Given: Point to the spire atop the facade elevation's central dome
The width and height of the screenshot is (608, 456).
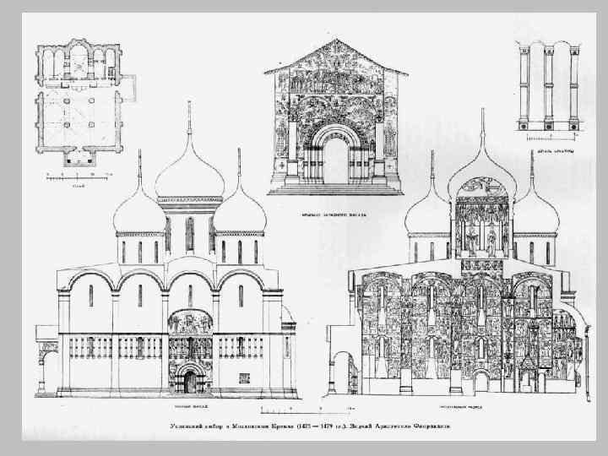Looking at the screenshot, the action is (x=189, y=118).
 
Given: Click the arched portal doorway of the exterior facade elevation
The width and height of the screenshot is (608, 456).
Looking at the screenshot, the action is (x=190, y=381).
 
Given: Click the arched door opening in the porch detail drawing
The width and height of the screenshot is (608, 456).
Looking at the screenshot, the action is (x=336, y=160).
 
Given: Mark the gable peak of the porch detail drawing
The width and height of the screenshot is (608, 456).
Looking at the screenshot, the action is (x=336, y=42).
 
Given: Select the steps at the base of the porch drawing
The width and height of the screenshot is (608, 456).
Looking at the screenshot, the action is (x=336, y=190).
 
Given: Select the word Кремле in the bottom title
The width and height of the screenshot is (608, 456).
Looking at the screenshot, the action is (x=278, y=427).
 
